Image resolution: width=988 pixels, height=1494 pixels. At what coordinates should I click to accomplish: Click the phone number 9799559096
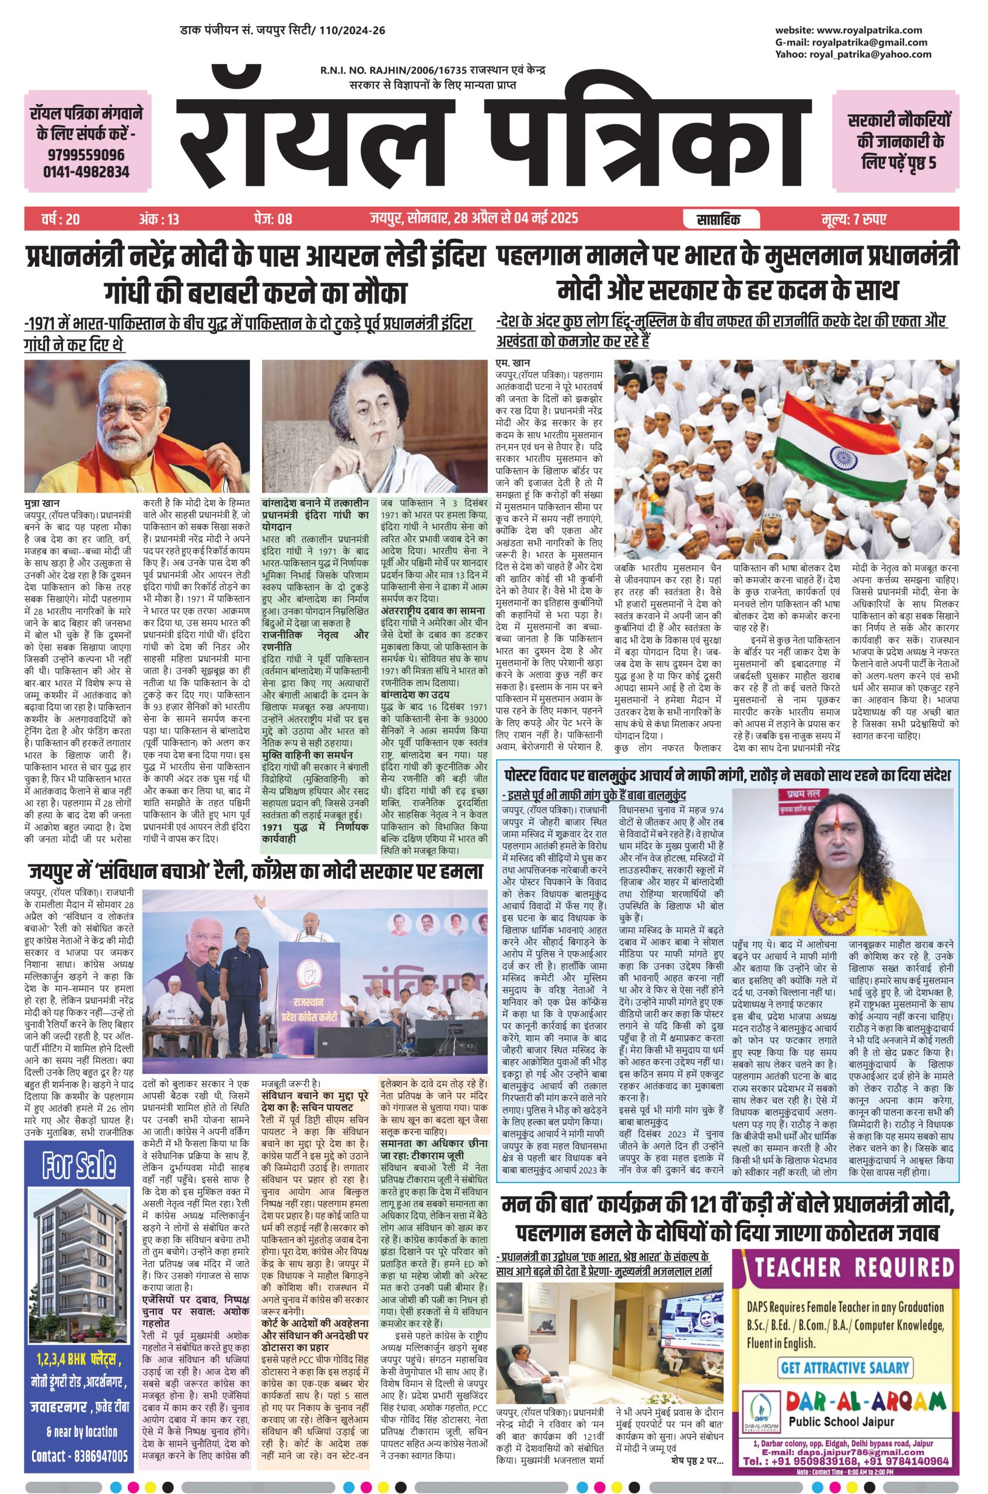86,155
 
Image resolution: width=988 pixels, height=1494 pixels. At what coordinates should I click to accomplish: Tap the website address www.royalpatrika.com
869,30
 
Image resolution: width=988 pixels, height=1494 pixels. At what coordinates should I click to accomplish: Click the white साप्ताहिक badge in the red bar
719,219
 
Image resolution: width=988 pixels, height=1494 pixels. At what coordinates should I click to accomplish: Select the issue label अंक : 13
159,219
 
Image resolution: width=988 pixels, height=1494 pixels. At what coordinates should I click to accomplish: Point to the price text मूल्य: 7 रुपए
854,219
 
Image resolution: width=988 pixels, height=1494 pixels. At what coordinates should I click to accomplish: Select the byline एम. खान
513,364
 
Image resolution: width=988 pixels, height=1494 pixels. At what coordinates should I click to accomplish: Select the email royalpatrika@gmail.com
870,42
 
